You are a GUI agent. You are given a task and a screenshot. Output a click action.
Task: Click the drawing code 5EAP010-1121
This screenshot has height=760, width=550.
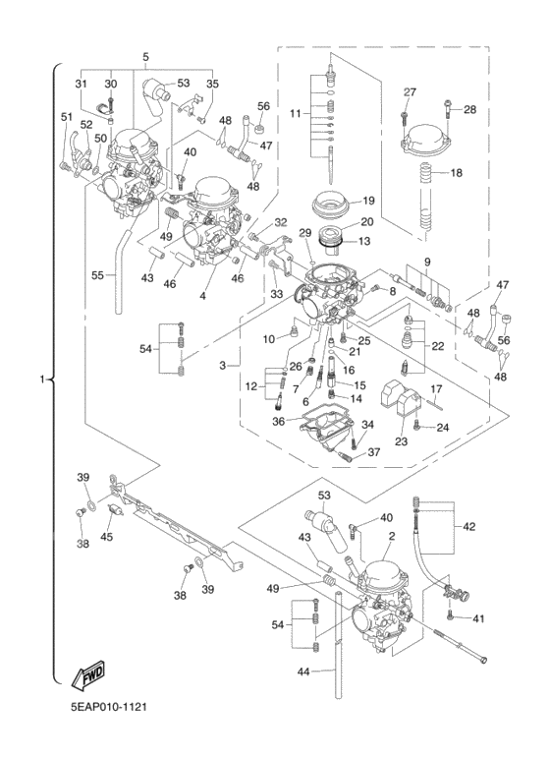[108, 707]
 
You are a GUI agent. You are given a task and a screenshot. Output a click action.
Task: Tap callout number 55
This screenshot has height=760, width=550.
[98, 275]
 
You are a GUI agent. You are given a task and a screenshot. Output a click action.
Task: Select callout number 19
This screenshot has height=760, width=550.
[381, 201]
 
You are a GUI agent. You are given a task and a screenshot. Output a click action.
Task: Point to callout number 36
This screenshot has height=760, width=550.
[278, 422]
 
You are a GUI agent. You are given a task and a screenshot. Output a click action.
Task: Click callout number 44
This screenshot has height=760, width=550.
[303, 672]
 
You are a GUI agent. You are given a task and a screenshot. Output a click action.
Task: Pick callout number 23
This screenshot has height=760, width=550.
[401, 441]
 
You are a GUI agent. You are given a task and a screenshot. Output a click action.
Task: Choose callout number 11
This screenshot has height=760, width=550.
[296, 114]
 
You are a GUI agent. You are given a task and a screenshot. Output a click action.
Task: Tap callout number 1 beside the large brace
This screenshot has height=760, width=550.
[42, 379]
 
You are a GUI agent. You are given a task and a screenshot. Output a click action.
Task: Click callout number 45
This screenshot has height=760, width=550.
[106, 537]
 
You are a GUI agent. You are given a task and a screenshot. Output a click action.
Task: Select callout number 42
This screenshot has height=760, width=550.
[469, 526]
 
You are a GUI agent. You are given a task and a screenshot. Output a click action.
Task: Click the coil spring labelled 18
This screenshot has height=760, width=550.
[426, 200]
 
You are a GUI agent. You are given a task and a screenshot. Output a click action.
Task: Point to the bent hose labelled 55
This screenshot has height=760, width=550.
[124, 271]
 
